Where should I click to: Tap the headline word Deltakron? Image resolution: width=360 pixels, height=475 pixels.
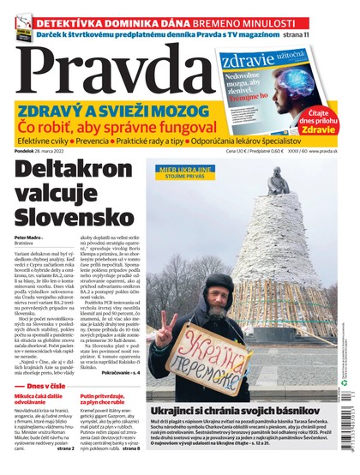77,171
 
